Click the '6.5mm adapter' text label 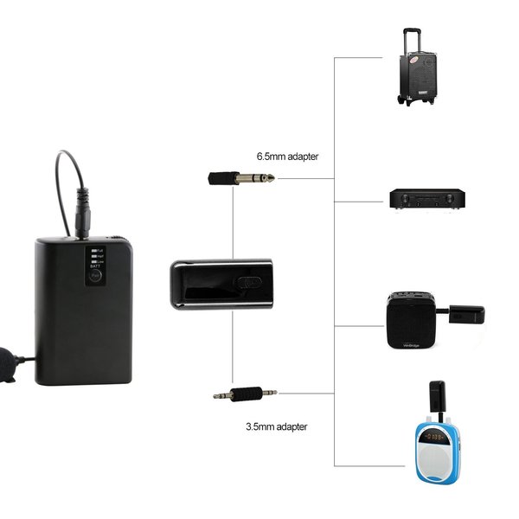click(x=287, y=157)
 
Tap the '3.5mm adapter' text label click(x=276, y=426)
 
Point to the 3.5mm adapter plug click(x=246, y=394)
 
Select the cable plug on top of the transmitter click(x=82, y=219)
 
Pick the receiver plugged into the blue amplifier click(x=437, y=396)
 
